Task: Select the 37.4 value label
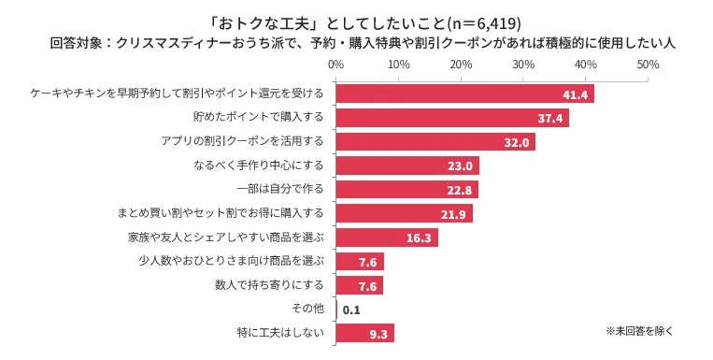549,119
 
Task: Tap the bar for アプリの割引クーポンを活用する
435,142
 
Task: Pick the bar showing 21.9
404,214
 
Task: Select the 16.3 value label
420,238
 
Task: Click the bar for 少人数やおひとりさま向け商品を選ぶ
359,262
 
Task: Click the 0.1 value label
352,310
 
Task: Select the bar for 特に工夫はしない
364,333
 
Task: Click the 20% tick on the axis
461,65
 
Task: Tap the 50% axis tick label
648,65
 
